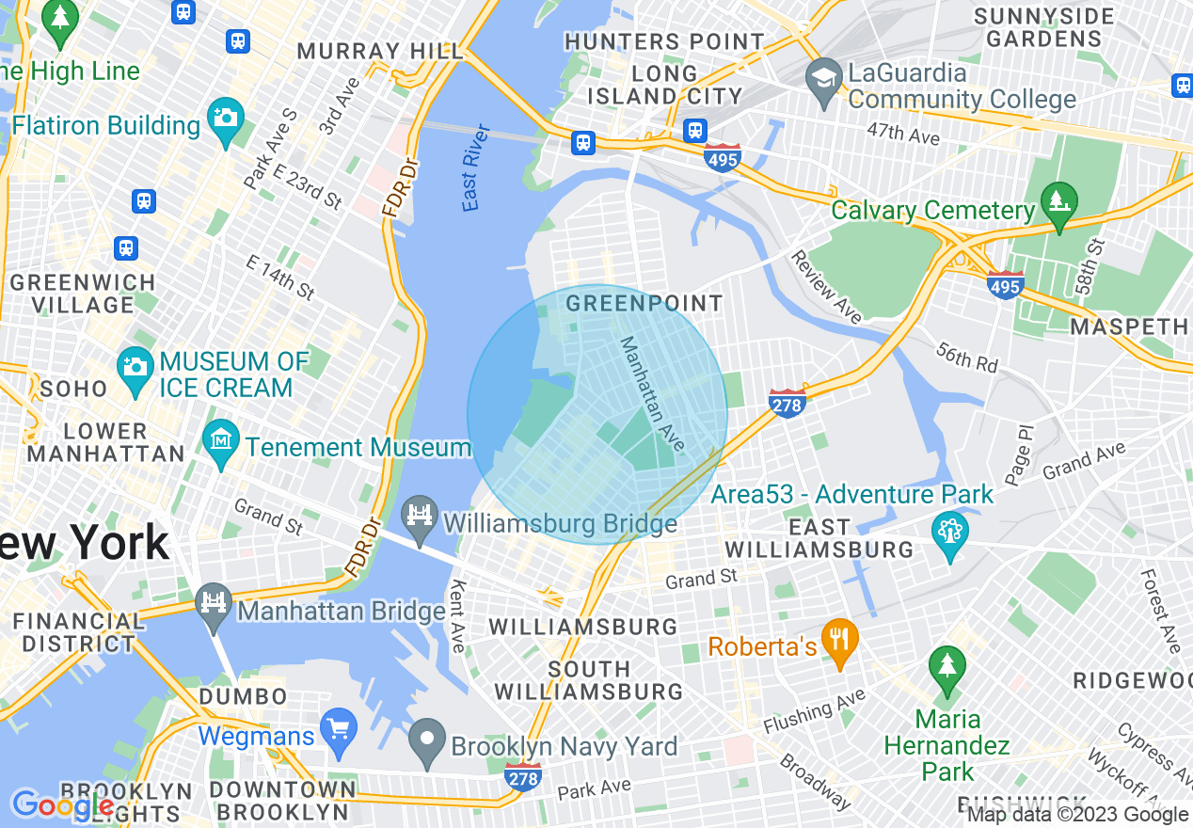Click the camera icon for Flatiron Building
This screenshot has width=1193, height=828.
[226, 119]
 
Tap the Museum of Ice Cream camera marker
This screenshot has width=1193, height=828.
[135, 364]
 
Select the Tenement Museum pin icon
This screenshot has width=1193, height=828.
[222, 440]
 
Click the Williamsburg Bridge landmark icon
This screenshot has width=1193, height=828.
[420, 516]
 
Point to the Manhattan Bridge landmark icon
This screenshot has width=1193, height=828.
[214, 600]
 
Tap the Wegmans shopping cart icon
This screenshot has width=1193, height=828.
[337, 727]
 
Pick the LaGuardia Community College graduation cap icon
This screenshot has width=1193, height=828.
[824, 75]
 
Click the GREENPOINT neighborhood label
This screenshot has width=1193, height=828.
[644, 303]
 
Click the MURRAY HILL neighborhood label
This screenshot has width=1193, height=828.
[379, 51]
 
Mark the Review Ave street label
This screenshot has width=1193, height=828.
[825, 287]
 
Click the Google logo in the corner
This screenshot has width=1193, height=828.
[62, 804]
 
